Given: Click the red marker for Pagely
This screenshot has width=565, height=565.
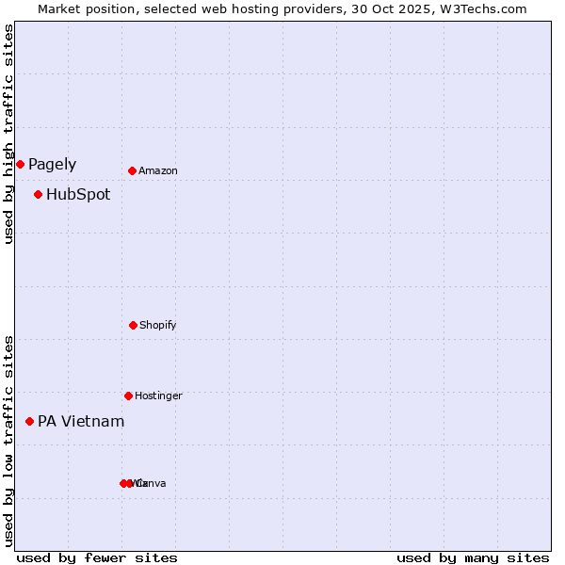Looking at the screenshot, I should [20, 164].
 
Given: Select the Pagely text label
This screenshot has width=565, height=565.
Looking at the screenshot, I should [52, 165].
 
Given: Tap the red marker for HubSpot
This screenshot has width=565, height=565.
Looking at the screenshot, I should [38, 194].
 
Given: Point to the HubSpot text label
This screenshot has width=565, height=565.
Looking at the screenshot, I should [78, 195].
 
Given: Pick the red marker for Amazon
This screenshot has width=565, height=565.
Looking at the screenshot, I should [132, 170].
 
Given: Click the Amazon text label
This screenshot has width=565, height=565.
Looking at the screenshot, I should [157, 171].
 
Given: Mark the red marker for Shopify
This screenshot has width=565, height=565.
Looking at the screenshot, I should [133, 325].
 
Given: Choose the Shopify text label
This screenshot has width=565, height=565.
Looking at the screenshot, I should [157, 326].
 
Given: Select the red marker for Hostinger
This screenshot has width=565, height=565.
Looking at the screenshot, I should [128, 395].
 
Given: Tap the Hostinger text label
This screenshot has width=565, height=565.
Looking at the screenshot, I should [158, 396].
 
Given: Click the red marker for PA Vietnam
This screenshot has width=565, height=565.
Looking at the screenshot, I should [29, 421].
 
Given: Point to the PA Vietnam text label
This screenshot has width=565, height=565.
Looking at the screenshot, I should [81, 422].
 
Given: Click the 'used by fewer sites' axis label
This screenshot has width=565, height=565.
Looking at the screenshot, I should [97, 557].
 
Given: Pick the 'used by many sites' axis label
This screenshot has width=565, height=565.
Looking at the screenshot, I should [473, 557].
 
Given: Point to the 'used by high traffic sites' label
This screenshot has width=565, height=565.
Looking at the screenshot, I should [8, 134].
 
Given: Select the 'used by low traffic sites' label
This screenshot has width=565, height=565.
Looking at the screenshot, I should [8, 441].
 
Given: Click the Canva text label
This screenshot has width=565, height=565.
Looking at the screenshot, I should [152, 484].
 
